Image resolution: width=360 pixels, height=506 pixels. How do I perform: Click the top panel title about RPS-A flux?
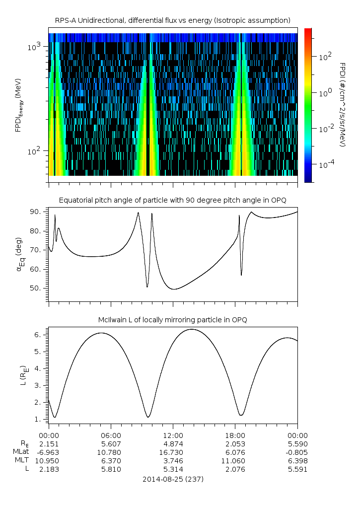[172, 20]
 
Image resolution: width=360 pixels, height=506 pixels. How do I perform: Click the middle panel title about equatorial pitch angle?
[172, 200]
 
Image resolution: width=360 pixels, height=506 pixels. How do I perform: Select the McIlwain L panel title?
[172, 320]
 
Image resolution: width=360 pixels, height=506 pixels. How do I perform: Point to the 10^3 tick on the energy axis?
[34, 47]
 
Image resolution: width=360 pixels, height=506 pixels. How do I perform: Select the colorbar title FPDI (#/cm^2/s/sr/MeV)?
[343, 104]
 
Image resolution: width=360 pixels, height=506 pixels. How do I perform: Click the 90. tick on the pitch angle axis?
[38, 212]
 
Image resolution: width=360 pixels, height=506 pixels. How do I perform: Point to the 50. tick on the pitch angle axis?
[38, 289]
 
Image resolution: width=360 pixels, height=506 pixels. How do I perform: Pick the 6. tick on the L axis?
[40, 335]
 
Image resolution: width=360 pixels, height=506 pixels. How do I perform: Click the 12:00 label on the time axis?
[172, 435]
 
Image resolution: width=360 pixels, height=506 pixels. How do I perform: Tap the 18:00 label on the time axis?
[235, 435]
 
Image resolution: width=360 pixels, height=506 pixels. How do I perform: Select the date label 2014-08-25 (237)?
[172, 479]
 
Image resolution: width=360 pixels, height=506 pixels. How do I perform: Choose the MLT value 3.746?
[172, 461]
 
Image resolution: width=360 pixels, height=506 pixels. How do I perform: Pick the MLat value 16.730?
[172, 452]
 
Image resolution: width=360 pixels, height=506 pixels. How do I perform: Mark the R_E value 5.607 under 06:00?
[110, 443]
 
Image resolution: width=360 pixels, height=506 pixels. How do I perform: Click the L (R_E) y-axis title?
[21, 376]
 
